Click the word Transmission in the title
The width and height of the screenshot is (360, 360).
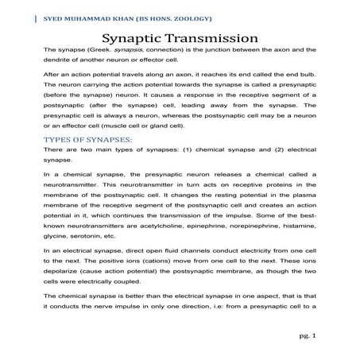pos(213,39)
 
